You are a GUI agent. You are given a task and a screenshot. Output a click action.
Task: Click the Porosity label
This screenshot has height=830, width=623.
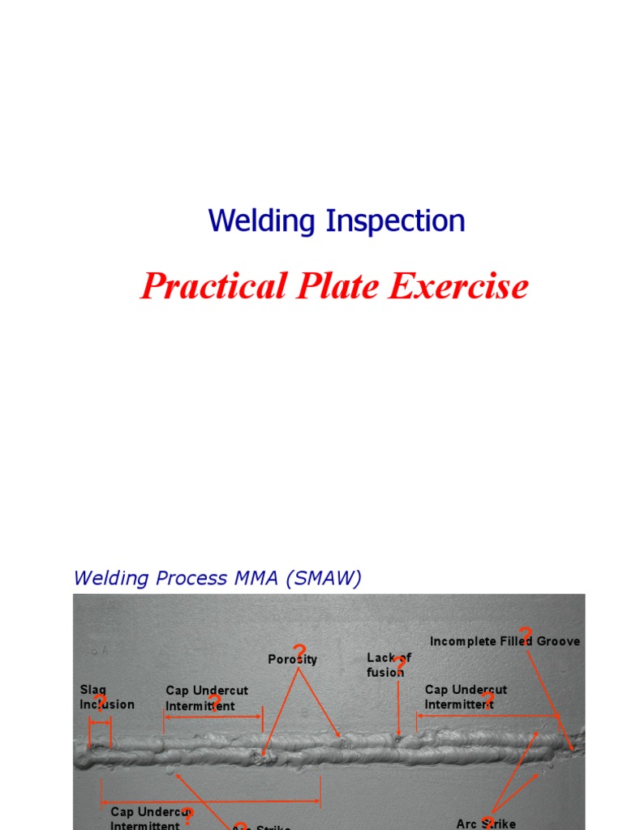tap(292, 660)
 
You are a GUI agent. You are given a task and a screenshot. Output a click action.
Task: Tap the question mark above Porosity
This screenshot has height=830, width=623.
tap(299, 651)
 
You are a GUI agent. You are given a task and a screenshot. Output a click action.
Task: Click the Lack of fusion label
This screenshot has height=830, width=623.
tap(388, 665)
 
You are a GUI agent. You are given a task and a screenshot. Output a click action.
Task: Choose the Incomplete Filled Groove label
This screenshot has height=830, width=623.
tap(505, 641)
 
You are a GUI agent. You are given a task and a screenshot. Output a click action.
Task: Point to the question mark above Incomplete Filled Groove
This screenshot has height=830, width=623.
tap(526, 633)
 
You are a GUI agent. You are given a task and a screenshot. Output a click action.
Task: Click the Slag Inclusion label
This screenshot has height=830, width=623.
tap(106, 697)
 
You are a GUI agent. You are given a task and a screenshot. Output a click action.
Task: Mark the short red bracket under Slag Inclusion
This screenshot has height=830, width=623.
tap(101, 721)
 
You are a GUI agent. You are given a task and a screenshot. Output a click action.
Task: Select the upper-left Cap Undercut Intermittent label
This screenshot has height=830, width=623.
tap(206, 698)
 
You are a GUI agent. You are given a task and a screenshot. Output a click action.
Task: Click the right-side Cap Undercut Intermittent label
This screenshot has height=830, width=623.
tap(466, 697)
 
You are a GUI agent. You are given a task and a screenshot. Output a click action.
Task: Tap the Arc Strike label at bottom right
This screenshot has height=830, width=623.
tap(486, 824)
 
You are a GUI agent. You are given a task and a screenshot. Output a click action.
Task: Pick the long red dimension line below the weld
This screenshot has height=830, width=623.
tap(211, 802)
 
